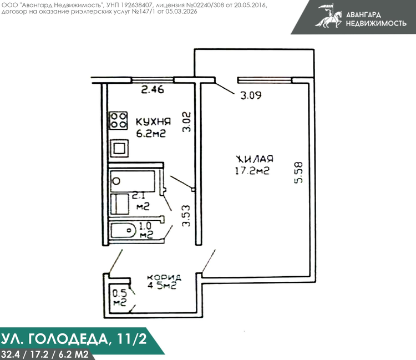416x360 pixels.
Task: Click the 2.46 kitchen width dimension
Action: (153, 90)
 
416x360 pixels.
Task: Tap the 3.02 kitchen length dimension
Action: (186, 122)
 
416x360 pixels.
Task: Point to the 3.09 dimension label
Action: (251, 95)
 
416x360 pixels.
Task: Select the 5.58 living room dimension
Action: (298, 173)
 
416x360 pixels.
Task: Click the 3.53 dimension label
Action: (186, 216)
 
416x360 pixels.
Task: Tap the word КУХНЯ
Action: (153, 122)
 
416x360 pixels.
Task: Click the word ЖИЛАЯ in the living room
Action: (255, 159)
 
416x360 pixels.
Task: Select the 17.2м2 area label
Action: (252, 170)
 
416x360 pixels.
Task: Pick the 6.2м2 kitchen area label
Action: (151, 133)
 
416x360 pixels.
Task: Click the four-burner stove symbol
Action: (119, 120)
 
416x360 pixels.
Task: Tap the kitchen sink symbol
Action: (119, 148)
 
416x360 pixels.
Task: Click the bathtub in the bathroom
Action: (133, 181)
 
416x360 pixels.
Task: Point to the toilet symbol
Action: (123, 230)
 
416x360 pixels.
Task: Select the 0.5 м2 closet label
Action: (120, 298)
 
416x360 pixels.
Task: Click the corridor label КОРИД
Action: (164, 277)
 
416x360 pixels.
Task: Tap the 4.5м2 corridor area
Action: (162, 286)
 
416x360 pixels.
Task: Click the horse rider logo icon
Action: (329, 16)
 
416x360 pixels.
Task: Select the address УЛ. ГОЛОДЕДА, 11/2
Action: (74, 339)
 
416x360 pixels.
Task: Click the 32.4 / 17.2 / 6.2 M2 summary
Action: (44, 354)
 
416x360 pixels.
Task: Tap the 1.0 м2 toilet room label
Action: (146, 230)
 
